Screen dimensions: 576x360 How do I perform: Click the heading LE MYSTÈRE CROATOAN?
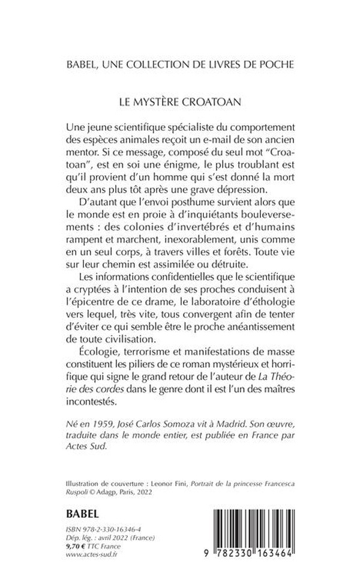180,102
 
